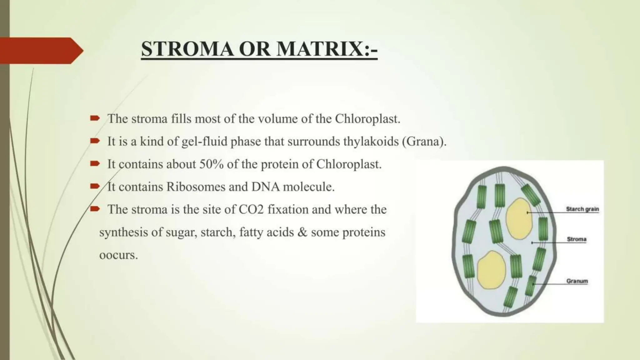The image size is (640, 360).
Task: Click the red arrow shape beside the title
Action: click(x=41, y=51)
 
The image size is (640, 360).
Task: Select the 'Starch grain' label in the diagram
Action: click(x=582, y=209)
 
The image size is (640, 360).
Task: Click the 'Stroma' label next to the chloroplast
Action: click(x=577, y=239)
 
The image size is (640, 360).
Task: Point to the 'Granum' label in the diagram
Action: click(x=577, y=281)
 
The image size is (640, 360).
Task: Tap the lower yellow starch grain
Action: click(x=491, y=270)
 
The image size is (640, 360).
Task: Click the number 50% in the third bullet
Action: click(x=211, y=164)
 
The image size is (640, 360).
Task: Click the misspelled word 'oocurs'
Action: click(x=118, y=255)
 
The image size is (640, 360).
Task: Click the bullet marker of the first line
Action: click(x=95, y=118)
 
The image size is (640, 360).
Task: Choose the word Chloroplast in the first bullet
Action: click(x=367, y=119)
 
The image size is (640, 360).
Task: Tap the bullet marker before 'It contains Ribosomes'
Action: click(x=95, y=187)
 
